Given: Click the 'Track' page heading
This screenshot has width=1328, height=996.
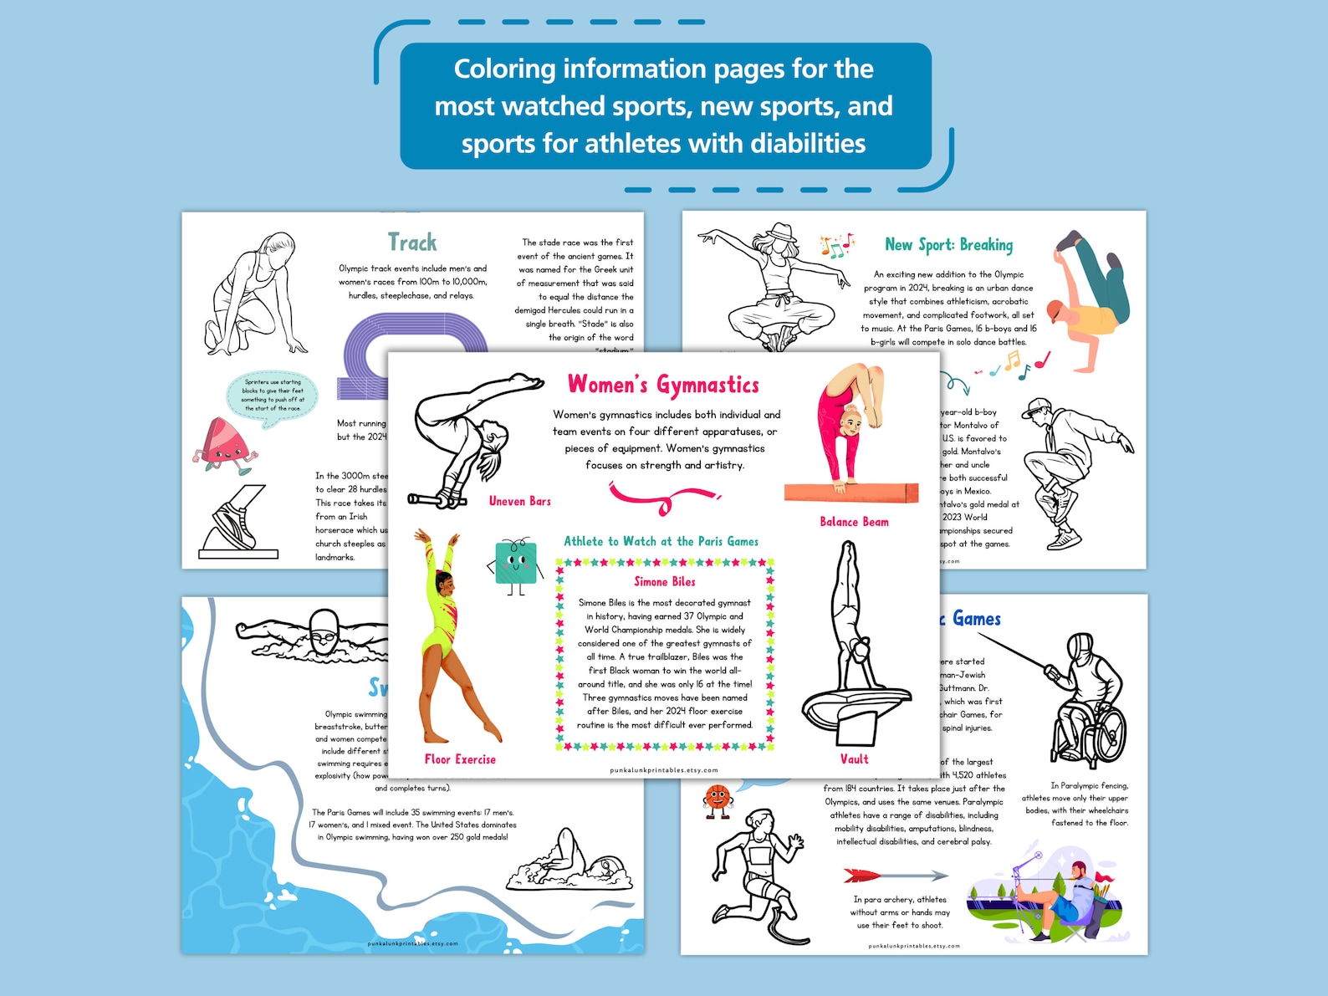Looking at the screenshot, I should [x=412, y=243].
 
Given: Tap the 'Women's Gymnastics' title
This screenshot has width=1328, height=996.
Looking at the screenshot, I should [x=663, y=385].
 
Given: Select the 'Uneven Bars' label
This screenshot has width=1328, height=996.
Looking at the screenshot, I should [x=519, y=501].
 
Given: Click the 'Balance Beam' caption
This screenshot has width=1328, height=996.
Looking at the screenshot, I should [x=854, y=522].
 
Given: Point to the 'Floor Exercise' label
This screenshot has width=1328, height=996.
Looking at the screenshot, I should [x=460, y=759].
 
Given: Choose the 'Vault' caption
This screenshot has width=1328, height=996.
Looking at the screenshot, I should [x=854, y=759].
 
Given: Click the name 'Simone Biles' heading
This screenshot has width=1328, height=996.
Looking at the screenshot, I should [x=665, y=581].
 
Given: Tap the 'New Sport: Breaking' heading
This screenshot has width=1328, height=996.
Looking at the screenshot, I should [x=948, y=245].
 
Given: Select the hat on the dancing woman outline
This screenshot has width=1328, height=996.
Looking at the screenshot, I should [x=782, y=232].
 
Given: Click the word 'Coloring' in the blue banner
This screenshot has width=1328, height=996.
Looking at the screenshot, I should [x=504, y=69].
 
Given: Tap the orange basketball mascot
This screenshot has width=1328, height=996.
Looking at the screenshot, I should [x=718, y=799].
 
